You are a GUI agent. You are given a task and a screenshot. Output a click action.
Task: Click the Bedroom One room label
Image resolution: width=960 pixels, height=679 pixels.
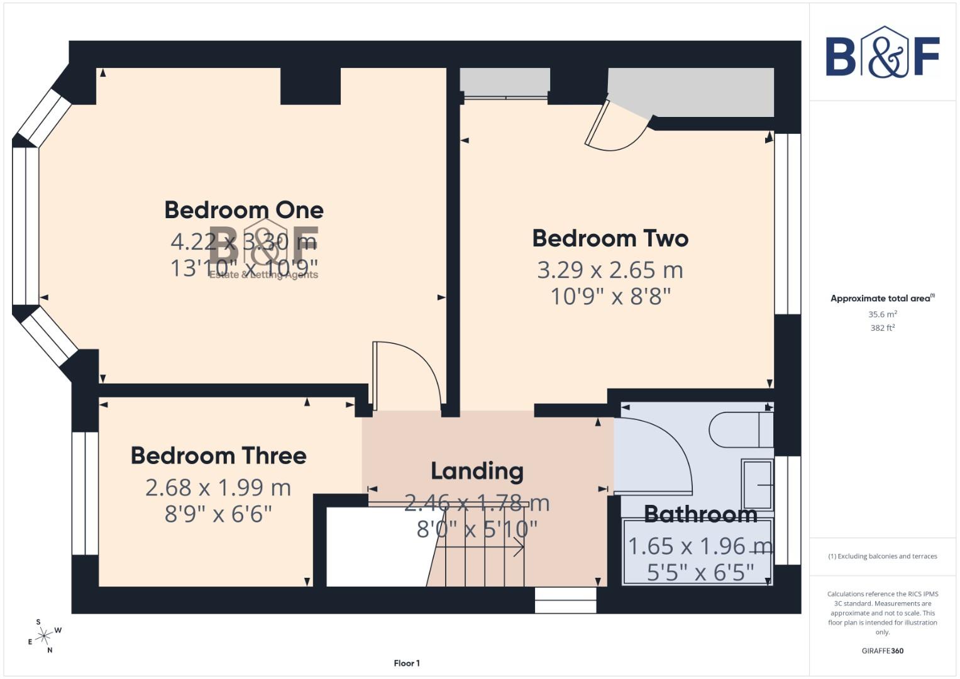[x=244, y=210]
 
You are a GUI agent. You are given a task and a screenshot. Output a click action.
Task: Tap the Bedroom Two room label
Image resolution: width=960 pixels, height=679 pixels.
[x=610, y=239]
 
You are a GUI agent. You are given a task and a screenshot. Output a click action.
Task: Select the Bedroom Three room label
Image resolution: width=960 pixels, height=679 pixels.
[x=218, y=456]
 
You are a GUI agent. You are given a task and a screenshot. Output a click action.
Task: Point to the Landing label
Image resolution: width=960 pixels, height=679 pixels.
[x=477, y=471]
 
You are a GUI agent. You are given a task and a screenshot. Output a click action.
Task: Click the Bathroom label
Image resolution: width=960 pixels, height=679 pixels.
[x=700, y=514]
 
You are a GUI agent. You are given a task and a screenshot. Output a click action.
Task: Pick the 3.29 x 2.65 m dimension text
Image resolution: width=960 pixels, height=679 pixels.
[x=610, y=270]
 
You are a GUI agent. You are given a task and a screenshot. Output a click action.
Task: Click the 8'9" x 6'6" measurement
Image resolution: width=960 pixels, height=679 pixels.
[x=218, y=514]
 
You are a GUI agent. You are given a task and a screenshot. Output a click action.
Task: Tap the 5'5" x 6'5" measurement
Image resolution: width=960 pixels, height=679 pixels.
[x=700, y=572]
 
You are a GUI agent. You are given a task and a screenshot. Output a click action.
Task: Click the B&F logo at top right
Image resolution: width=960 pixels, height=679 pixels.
[x=882, y=53]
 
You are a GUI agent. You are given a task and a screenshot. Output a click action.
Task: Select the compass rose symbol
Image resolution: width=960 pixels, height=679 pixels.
[x=43, y=637]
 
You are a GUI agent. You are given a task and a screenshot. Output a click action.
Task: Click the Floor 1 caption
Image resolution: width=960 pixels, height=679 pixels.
[x=407, y=663]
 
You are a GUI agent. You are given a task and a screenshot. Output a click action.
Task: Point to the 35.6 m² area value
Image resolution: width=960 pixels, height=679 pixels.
[x=882, y=314]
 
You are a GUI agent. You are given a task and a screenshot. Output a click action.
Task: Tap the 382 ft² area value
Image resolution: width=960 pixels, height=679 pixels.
[x=882, y=328]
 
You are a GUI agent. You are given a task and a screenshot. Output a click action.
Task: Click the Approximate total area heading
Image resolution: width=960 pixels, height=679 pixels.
[x=881, y=299]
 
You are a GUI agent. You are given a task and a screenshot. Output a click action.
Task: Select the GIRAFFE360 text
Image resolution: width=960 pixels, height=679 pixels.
[x=882, y=651]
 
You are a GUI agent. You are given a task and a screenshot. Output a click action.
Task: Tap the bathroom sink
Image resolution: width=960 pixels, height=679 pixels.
[x=757, y=484]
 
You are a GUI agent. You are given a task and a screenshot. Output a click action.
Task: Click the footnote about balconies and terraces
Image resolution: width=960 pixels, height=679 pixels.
[x=882, y=556]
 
